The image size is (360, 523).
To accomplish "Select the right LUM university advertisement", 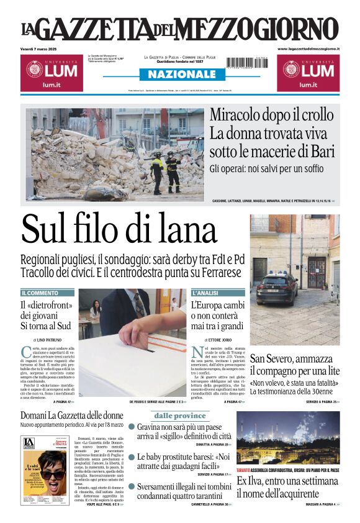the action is point(308,74).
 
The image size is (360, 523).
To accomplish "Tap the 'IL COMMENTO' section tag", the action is point(40,293).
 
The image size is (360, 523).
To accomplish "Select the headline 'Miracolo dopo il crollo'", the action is point(272,115).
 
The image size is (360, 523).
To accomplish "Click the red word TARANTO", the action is point(243,471).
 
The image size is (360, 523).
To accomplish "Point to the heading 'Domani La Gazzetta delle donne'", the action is point(71,415).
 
